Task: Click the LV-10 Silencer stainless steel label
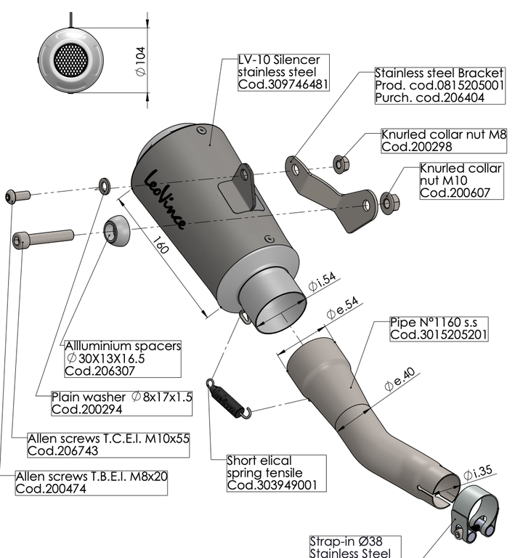283,73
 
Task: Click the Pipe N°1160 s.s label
439,328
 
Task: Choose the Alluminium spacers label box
123,358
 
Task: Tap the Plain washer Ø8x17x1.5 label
121,403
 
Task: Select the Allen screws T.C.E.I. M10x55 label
108,445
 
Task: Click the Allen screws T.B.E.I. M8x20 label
92,483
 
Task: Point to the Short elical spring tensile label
274,472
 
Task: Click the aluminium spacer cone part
116,232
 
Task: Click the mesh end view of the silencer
72,59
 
